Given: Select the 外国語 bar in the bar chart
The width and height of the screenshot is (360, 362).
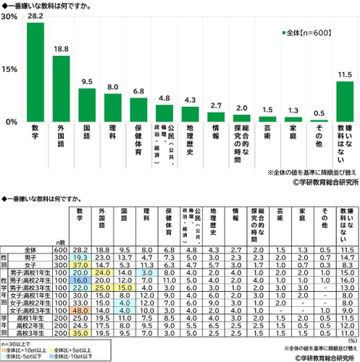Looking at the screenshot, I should coord(62,89).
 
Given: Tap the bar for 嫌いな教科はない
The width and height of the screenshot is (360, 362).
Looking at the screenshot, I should coord(346,102).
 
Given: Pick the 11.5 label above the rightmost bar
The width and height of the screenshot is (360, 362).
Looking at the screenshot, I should coord(346,75).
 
